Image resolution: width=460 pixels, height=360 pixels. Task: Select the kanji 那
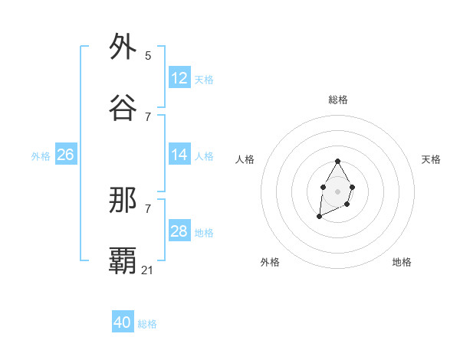[123, 201]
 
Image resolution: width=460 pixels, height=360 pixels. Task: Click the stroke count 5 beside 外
[148, 55]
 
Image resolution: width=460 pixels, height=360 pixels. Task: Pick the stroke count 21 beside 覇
[148, 270]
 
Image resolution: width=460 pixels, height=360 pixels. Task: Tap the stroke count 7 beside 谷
[148, 116]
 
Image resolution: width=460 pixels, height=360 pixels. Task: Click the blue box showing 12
[179, 78]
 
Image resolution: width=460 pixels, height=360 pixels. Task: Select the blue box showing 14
[179, 155]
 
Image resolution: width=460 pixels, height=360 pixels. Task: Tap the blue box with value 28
[179, 231]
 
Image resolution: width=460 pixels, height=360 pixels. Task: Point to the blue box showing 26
[66, 155]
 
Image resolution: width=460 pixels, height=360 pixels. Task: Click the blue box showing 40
[123, 322]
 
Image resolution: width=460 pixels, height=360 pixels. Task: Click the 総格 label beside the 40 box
[147, 324]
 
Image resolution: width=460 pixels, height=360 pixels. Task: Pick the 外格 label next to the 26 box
[41, 156]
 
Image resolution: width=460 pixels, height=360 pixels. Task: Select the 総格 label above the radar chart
[338, 100]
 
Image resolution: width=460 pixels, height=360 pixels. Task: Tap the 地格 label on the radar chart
[402, 262]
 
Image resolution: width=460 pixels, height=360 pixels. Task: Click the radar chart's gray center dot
[337, 190]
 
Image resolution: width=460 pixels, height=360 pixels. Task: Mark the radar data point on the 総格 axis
[337, 162]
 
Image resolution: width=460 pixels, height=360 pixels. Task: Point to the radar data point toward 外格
[319, 217]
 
